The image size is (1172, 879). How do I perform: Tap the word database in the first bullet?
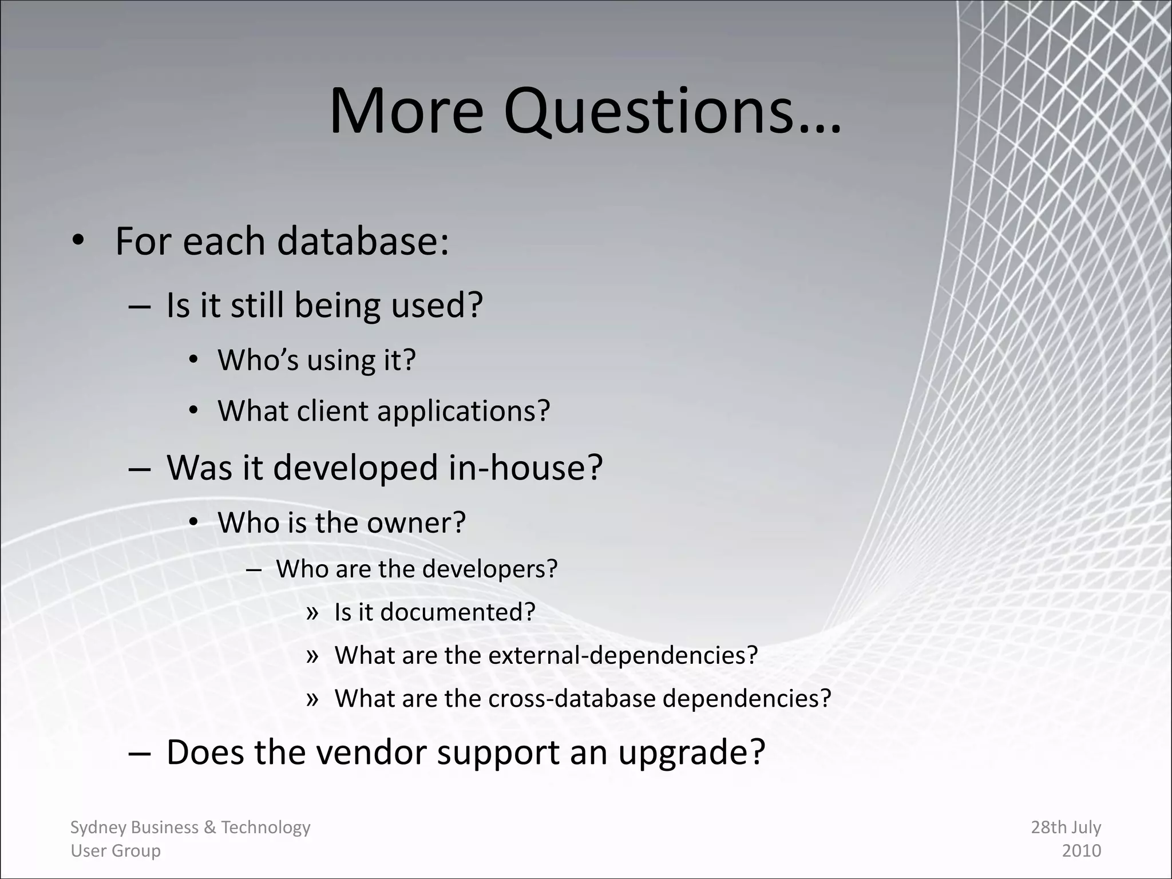click(362, 241)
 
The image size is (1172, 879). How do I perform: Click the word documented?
click(458, 612)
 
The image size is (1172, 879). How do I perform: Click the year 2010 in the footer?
click(1081, 851)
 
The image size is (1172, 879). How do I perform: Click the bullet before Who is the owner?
click(193, 522)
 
